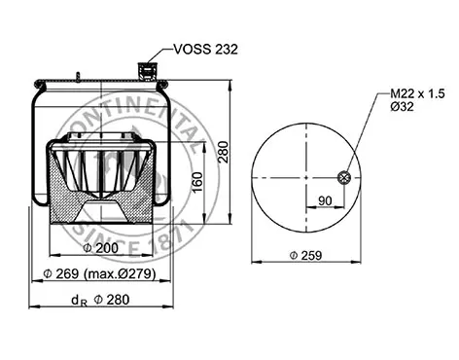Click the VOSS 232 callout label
(206, 50)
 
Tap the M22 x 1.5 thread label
(417, 93)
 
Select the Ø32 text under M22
(402, 106)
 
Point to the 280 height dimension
(224, 152)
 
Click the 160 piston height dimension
(197, 183)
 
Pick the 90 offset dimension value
(325, 200)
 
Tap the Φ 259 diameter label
(305, 256)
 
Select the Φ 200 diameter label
(101, 248)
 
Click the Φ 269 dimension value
(61, 274)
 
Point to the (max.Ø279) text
(120, 274)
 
